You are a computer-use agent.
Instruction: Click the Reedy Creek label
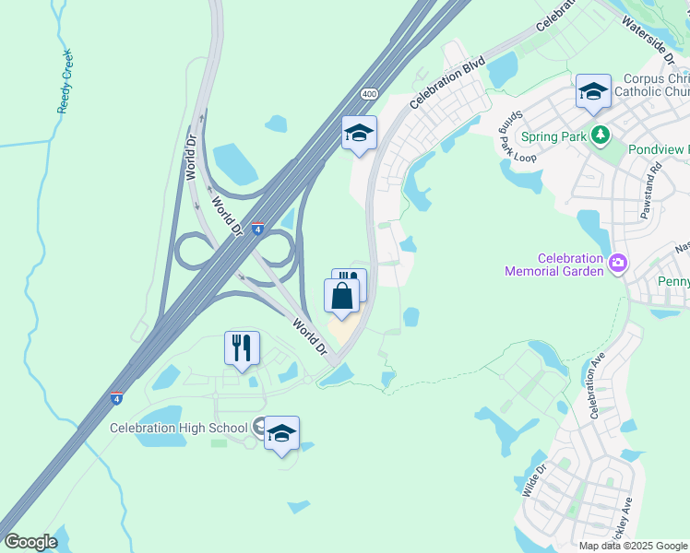(x=65, y=82)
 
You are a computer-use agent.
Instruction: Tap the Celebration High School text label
(x=178, y=428)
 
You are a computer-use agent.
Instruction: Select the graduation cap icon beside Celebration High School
(x=281, y=433)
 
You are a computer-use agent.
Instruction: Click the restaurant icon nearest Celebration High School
(x=242, y=347)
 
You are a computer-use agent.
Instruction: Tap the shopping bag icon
(x=341, y=296)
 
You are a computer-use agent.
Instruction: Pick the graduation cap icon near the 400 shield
(x=359, y=133)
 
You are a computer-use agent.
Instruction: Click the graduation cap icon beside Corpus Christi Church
(x=593, y=91)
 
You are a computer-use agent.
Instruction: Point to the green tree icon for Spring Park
(x=601, y=135)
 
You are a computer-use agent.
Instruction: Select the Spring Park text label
(x=553, y=136)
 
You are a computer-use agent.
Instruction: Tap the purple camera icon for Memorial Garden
(x=617, y=265)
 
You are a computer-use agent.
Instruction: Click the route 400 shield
(x=369, y=94)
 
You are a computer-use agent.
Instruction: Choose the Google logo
(x=30, y=542)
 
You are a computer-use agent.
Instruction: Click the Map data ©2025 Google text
(x=632, y=546)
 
